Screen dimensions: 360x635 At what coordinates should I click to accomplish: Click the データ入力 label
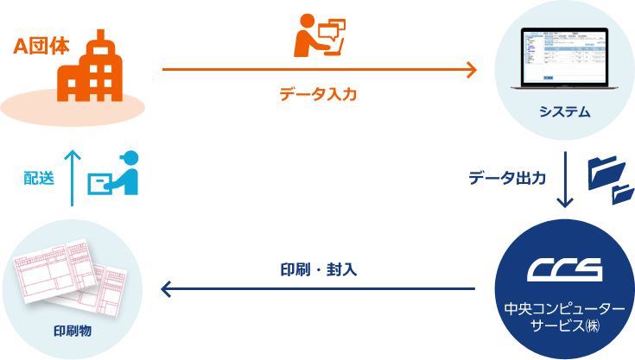tap(318, 94)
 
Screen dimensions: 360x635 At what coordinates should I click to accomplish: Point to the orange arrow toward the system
tap(319, 69)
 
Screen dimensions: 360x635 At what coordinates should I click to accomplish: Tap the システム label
tap(564, 111)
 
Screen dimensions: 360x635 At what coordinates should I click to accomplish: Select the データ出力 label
tap(507, 178)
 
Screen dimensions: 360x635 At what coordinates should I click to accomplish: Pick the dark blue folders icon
tap(610, 179)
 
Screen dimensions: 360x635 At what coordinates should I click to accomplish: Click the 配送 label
tap(40, 178)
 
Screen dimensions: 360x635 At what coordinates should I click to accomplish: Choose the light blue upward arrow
tap(73, 178)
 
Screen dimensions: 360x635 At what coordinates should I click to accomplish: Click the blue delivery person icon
tap(117, 174)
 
